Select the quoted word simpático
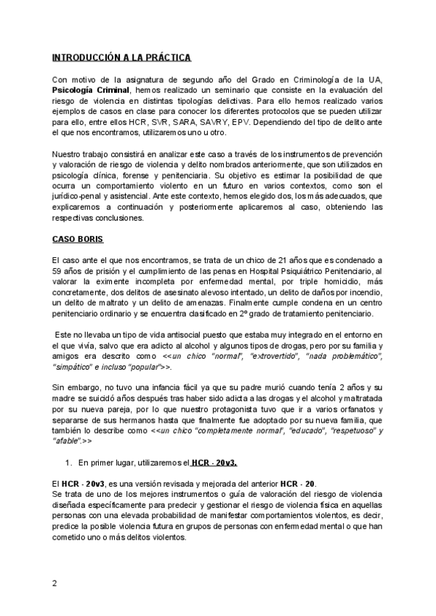72,368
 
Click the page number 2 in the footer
54,583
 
